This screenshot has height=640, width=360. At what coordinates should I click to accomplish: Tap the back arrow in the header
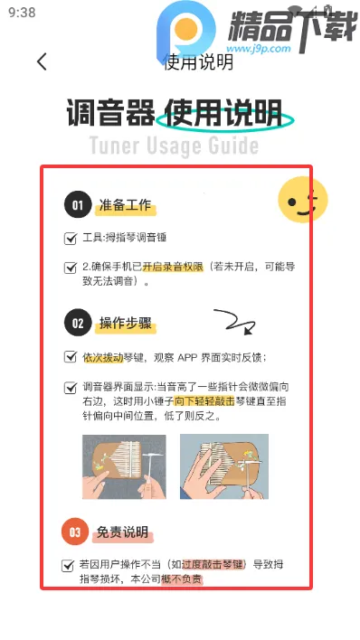[42, 61]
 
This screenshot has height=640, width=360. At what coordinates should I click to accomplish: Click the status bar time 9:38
[21, 13]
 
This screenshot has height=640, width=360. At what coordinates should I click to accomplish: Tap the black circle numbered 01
[78, 205]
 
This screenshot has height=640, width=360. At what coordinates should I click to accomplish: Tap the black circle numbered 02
[78, 323]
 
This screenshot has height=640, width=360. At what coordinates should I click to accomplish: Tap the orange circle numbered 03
[75, 532]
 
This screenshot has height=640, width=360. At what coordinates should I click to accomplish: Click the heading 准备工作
[126, 206]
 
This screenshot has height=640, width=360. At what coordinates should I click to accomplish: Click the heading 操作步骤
[124, 323]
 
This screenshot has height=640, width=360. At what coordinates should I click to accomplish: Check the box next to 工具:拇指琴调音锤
[71, 239]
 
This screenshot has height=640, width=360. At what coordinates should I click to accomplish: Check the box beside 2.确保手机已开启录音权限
[71, 268]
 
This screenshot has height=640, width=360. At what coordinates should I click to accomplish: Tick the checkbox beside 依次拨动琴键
[71, 357]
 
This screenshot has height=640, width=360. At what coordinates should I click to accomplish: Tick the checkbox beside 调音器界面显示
[71, 388]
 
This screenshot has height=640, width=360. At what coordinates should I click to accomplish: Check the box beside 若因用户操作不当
[67, 565]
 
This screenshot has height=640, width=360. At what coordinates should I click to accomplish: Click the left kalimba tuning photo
[124, 467]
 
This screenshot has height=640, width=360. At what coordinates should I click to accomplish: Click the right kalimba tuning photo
[223, 467]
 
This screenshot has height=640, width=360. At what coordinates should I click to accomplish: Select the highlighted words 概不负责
[182, 579]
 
